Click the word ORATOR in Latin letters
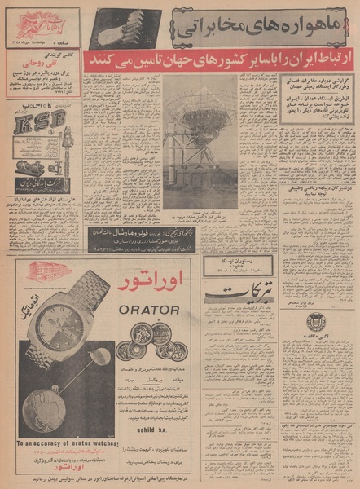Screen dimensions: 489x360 tap(150, 310)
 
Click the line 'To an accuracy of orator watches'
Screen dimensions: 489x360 tap(67, 442)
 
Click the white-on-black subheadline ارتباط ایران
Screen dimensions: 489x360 tap(224, 61)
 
